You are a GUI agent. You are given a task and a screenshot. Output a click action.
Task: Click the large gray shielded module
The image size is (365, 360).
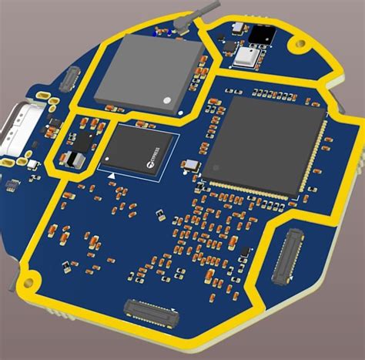click(x=149, y=71)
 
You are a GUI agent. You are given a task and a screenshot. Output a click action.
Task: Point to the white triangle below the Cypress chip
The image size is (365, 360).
click(x=113, y=177)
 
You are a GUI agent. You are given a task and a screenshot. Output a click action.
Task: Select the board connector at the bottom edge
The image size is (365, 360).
click(x=152, y=311)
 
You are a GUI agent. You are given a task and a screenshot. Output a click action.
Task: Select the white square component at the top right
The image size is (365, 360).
click(x=249, y=56)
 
